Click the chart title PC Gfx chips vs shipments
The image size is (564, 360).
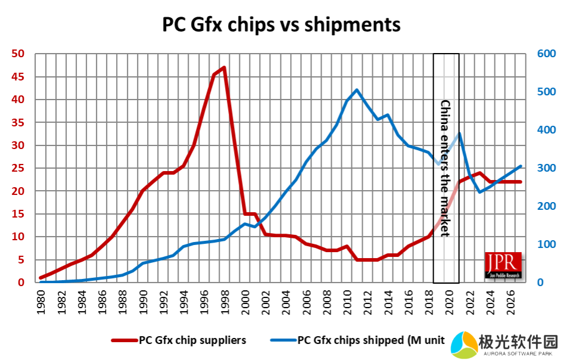coord(282,24)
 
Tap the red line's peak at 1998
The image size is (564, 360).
coord(224,67)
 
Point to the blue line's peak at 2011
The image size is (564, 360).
coord(356,90)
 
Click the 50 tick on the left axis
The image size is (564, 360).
coord(17,54)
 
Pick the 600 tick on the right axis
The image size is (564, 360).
coord(546,54)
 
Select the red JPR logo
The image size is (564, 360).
coord(503,265)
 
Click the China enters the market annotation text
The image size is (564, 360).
coord(445,168)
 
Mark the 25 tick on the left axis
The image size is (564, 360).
coord(17,169)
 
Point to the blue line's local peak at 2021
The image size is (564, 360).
coord(459,134)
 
